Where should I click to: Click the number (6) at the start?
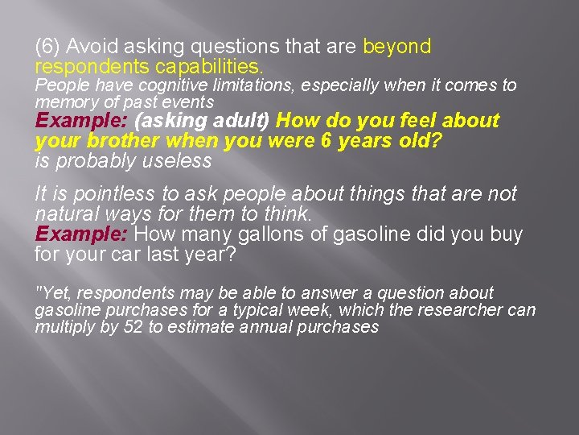click(47, 48)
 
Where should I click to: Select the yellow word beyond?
click(396, 48)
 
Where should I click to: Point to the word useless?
click(178, 161)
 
